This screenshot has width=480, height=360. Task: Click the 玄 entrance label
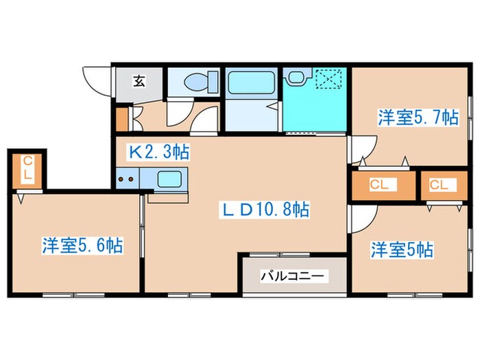pyautogui.click(x=139, y=82)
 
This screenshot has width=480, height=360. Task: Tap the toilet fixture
pyautogui.click(x=195, y=82)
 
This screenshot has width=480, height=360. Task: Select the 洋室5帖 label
pyautogui.click(x=403, y=249)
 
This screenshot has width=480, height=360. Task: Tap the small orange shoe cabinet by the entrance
pyautogui.click(x=122, y=119)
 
